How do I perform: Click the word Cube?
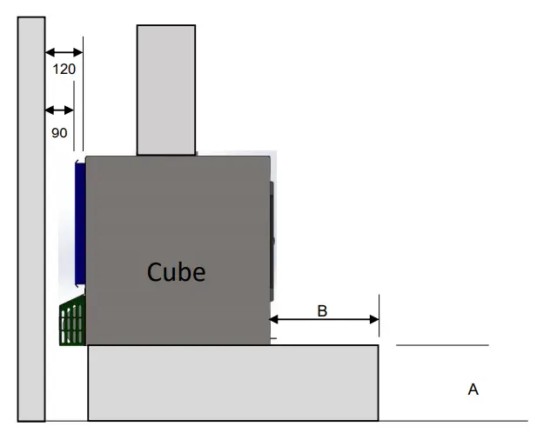coord(177,271)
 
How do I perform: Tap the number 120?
coord(64,68)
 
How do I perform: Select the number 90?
coord(59,133)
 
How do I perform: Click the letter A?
coord(473,390)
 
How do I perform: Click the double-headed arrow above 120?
coord(64,51)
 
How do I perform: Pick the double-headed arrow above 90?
coord(59,110)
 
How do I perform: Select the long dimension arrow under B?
coord(325,319)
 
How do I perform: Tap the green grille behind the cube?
coord(72,322)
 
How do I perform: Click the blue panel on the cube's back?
coord(80,222)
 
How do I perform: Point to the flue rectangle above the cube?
coord(165,90)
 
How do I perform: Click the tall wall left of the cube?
coord(31,217)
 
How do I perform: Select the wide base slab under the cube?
coord(232,383)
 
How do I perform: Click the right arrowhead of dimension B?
coord(375,319)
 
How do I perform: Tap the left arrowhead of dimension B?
coord(275,319)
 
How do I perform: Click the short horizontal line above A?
coord(442,345)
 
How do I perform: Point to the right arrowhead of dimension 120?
coord(78,51)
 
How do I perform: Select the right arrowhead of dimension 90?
coord(70,110)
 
